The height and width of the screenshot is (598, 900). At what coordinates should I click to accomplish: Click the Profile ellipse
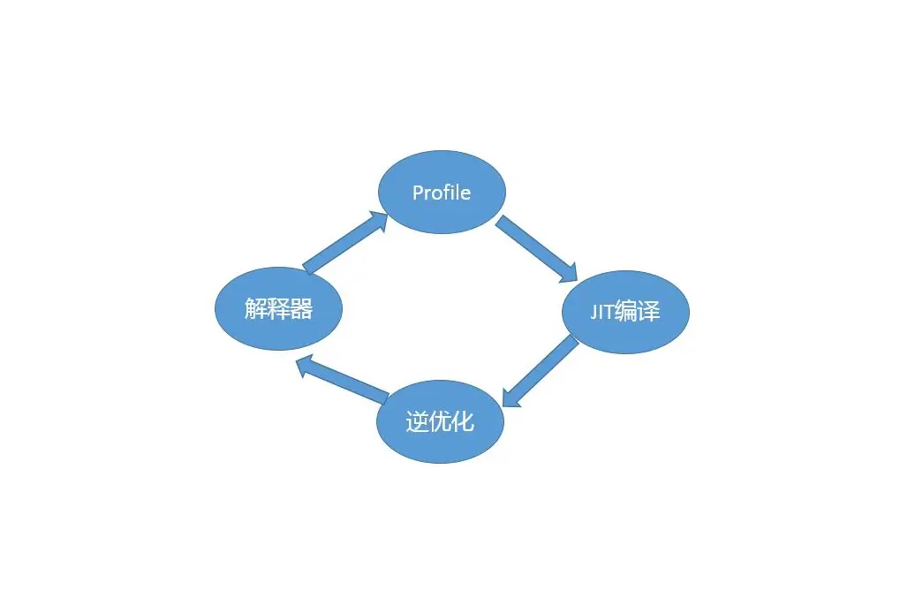pyautogui.click(x=442, y=193)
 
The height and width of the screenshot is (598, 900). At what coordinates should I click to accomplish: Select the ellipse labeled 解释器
pyautogui.click(x=278, y=308)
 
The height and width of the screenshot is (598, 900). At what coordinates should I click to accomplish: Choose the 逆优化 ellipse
pyautogui.click(x=441, y=421)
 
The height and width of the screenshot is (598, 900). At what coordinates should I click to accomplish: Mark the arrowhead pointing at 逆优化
pyautogui.click(x=511, y=398)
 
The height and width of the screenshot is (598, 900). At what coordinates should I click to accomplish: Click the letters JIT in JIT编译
pyautogui.click(x=602, y=313)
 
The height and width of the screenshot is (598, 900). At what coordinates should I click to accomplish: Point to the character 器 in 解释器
pyautogui.click(x=301, y=309)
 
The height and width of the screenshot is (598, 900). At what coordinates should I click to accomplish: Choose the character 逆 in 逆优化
pyautogui.click(x=418, y=422)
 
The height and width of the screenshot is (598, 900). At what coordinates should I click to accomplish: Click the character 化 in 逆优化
pyautogui.click(x=464, y=422)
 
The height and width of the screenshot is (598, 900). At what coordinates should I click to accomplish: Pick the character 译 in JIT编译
pyautogui.click(x=649, y=313)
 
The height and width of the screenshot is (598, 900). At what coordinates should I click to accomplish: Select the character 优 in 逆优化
pyautogui.click(x=441, y=422)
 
